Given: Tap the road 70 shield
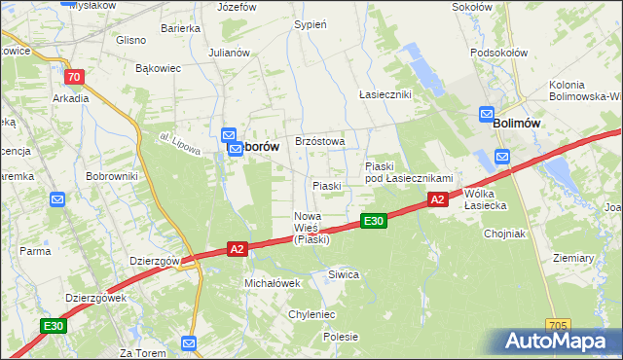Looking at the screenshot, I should click(x=73, y=77).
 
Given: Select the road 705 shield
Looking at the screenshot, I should click(x=558, y=325).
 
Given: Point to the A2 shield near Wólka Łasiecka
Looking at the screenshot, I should click(x=437, y=199).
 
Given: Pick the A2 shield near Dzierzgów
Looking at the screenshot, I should click(x=237, y=249).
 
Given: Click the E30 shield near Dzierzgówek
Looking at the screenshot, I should click(x=53, y=326).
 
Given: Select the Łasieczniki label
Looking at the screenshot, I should click(x=385, y=94).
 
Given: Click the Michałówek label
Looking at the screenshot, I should click(x=271, y=282).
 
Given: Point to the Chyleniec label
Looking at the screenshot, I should click(x=311, y=314).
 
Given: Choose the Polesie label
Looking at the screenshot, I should click(x=341, y=337).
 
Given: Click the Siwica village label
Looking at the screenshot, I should click(x=344, y=274).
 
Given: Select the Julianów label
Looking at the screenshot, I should click(x=230, y=53).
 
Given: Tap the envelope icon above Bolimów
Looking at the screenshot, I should click(x=487, y=115).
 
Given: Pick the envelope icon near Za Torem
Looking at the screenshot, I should click(x=189, y=342).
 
